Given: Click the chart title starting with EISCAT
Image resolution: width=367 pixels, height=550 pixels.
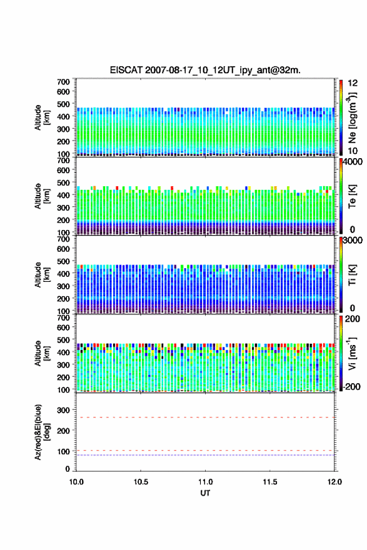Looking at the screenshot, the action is coord(205,70).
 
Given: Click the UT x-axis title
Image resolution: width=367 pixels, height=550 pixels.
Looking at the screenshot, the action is coord(205,493).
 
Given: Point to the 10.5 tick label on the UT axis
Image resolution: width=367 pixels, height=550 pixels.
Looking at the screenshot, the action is coord(141,482).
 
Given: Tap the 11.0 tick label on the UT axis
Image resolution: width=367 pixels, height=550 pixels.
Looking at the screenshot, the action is coord(205,482).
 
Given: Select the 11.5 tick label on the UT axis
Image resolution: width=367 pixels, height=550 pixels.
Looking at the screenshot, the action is coord(270,482).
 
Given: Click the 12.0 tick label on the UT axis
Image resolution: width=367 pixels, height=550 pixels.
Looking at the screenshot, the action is coord(334,482).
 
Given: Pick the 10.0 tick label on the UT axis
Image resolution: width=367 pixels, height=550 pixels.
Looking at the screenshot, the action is coord(76,482).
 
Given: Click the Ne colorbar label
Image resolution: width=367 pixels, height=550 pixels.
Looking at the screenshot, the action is coord(352,117).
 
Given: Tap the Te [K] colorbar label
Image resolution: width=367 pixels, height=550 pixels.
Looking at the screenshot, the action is coord(352,196).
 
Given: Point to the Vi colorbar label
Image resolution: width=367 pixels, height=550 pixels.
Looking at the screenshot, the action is coord(352,354).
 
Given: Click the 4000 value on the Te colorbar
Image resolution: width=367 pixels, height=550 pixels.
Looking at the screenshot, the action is coord(353,162).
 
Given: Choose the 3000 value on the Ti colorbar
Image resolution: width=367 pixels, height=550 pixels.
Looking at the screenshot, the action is coord(353,240).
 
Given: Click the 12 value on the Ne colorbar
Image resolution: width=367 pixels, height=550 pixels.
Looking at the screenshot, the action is coord(353,83).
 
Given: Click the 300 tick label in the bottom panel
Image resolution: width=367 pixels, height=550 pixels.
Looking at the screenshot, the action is coord(64,410).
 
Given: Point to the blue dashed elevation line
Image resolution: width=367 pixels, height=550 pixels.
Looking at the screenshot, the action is coord(205,455).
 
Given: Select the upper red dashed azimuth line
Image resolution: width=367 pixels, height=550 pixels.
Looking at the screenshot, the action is coord(205,417).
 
